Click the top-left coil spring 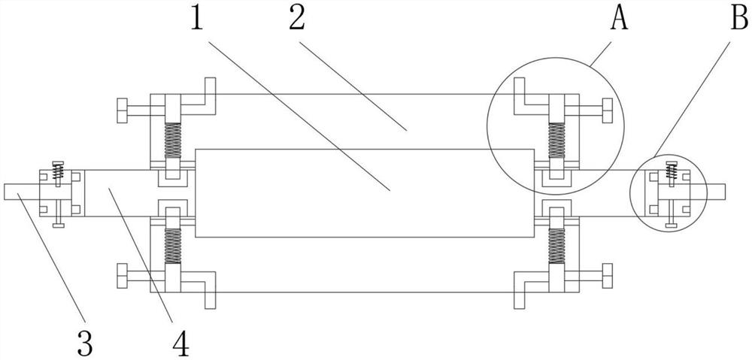click(173, 141)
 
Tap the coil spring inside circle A click(556, 141)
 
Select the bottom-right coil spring click(556, 244)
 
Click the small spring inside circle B click(669, 172)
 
